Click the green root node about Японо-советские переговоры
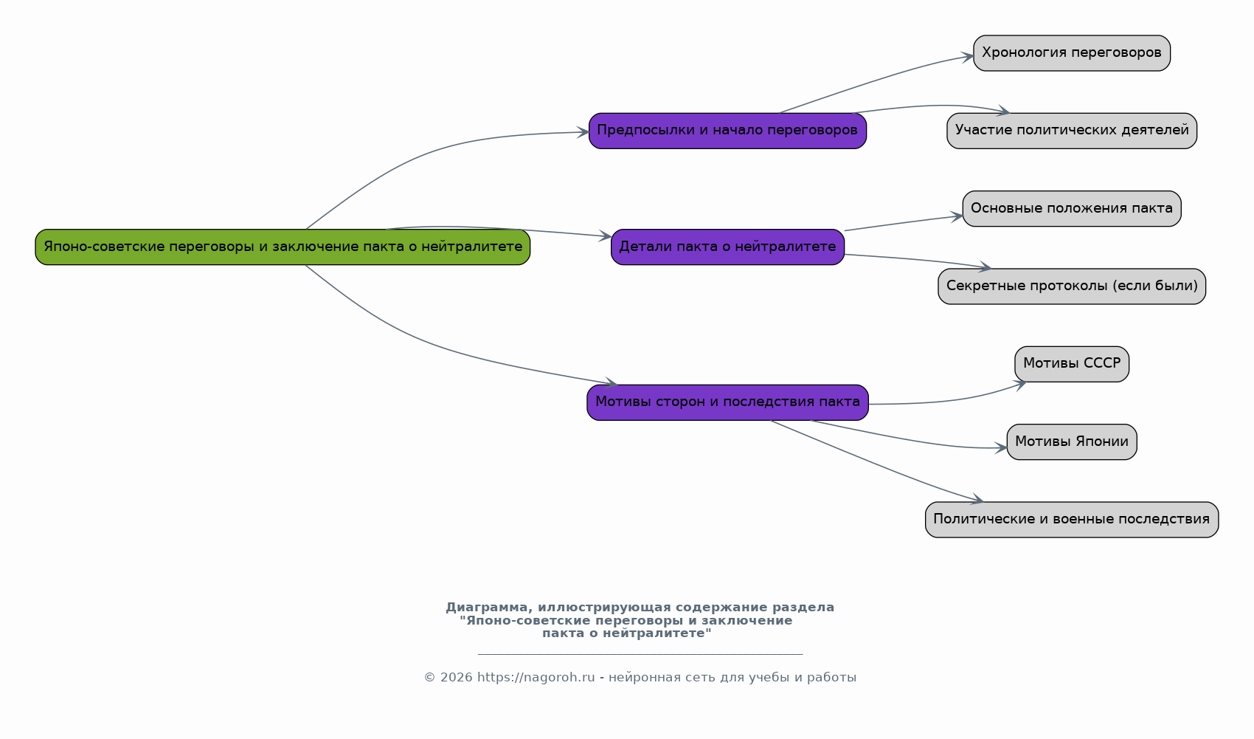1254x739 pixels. coord(283,247)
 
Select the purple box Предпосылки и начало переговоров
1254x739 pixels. coord(727,131)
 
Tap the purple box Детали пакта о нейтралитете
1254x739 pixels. coord(727,247)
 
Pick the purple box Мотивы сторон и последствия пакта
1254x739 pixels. coord(727,402)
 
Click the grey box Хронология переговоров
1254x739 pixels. coord(1072,53)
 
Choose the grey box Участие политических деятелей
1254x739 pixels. coord(1072,131)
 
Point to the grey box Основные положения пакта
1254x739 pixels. coord(1072,208)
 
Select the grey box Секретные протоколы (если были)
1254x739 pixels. coord(1072,286)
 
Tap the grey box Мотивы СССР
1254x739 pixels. coord(1072,364)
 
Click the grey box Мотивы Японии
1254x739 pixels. coord(1072,442)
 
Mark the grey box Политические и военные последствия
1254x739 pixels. coord(1072,520)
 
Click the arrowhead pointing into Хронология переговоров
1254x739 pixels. coord(967,57)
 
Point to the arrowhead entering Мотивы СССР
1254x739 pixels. coord(1020,385)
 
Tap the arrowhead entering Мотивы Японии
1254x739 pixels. coord(1001,447)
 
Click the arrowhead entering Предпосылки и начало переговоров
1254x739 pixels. coord(583,133)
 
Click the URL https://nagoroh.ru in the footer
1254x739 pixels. coord(536,678)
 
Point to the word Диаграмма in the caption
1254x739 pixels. coord(487,608)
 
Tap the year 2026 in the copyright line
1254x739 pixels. coord(457,678)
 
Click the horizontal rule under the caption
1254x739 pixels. coord(640,654)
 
